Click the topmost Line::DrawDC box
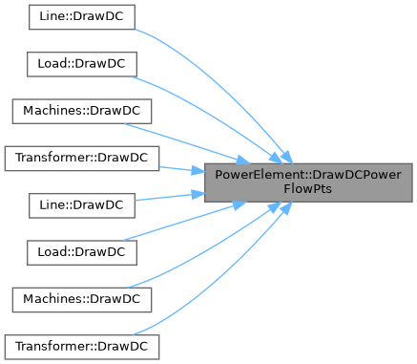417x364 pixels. click(82, 17)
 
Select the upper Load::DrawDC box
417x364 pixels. click(82, 64)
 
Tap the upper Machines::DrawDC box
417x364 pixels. click(82, 112)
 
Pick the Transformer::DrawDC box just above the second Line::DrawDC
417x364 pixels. click(82, 159)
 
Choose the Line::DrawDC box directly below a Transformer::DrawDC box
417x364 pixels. click(82, 205)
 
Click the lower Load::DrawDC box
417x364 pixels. click(82, 253)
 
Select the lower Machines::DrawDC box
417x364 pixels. click(82, 300)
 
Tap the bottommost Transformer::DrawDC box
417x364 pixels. click(82, 347)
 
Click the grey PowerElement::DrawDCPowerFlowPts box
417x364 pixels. click(308, 182)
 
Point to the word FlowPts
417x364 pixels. click(308, 189)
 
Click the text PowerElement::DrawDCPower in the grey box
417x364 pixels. click(308, 175)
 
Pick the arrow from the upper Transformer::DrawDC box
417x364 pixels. click(182, 169)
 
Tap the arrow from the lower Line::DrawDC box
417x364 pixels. click(170, 197)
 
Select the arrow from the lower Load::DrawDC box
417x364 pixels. click(184, 222)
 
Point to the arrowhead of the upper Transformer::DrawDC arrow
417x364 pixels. click(198, 171)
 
